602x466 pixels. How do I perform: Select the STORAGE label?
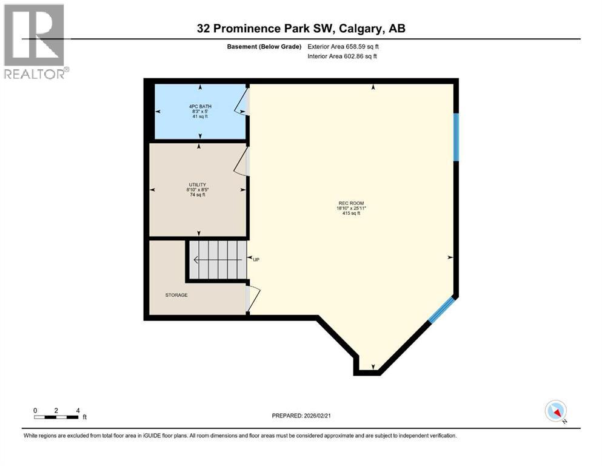(176, 295)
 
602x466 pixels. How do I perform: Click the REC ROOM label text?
(351, 203)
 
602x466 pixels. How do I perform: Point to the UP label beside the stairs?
(256, 260)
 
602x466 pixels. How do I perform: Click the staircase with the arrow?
(217, 260)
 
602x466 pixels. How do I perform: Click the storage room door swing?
(253, 298)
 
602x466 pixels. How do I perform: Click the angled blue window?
(441, 309)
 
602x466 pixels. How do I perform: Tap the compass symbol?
(555, 411)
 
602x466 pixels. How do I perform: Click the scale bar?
(56, 417)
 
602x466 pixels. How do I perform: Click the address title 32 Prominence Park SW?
(301, 28)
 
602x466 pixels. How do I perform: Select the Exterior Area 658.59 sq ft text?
(346, 46)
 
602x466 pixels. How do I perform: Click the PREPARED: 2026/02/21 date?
(301, 416)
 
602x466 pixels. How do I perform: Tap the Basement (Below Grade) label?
(265, 46)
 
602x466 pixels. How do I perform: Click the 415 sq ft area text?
(351, 214)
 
